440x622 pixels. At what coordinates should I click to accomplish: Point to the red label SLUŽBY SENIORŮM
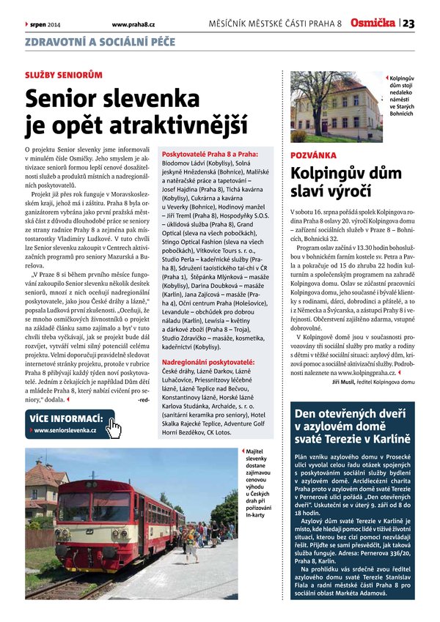point(64,75)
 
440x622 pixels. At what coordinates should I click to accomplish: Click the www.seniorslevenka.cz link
point(65,430)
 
